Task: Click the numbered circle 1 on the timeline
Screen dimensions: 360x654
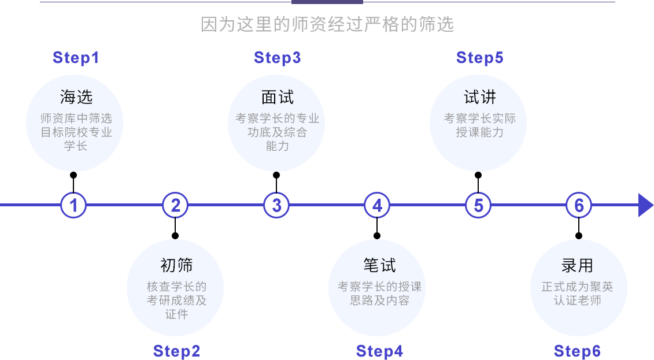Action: click(x=73, y=205)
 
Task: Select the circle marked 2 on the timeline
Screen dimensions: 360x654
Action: click(x=175, y=205)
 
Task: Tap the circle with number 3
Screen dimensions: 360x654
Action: click(x=276, y=205)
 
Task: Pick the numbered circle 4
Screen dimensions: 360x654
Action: click(x=377, y=205)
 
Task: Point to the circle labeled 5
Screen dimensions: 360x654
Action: click(x=478, y=205)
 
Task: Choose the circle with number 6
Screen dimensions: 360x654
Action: click(x=579, y=205)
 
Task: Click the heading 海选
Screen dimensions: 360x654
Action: click(x=76, y=97)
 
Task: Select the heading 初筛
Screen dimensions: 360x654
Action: click(x=176, y=265)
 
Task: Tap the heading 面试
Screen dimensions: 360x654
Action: click(x=277, y=97)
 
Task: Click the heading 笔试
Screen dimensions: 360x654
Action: click(x=379, y=265)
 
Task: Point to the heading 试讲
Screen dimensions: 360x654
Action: click(x=479, y=97)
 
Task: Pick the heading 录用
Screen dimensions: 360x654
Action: click(x=577, y=265)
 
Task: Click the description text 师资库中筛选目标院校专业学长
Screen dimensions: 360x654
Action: click(x=76, y=132)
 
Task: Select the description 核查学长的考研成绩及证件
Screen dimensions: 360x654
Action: click(x=176, y=300)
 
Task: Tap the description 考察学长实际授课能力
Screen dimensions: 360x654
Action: click(x=479, y=125)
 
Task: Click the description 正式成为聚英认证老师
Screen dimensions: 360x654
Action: click(x=577, y=294)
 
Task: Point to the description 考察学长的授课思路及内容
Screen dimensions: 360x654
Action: click(x=379, y=294)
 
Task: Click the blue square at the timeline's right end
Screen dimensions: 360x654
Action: click(x=646, y=205)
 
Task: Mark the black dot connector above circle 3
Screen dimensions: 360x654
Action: click(x=276, y=175)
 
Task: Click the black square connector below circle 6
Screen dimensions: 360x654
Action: click(x=578, y=235)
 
